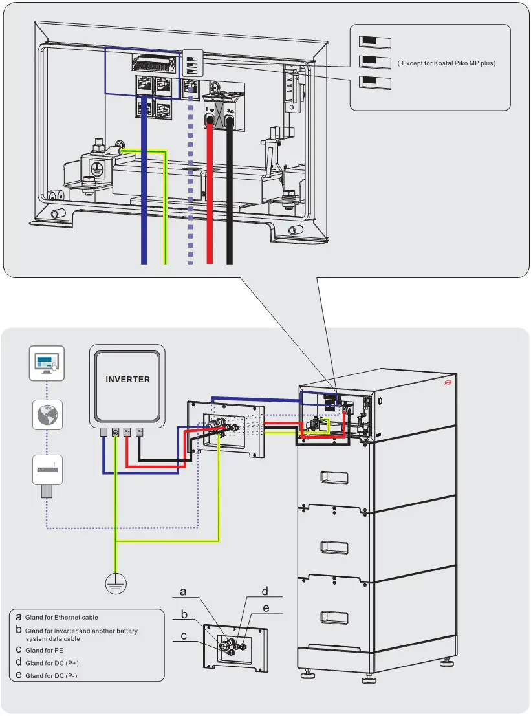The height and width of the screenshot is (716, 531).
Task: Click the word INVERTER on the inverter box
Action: pos(127,380)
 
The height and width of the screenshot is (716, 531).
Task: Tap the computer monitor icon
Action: pos(47,363)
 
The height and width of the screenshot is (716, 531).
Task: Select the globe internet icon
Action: pos(47,415)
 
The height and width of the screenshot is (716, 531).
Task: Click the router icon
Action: pos(47,470)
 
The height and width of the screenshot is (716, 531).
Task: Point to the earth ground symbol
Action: pos(116,584)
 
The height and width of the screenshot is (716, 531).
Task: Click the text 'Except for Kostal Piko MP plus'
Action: pos(447,63)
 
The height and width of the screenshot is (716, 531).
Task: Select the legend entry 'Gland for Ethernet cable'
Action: pos(61,618)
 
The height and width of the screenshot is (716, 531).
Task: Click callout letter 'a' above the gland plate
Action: pos(183,592)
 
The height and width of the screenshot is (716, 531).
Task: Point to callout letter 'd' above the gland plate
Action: pos(265,591)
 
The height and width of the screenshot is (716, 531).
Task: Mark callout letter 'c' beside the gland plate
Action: pos(184,636)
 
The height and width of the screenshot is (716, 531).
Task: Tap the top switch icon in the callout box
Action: pos(375,42)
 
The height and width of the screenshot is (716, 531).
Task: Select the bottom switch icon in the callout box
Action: pos(375,83)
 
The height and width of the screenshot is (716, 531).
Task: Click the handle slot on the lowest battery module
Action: pos(334,614)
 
